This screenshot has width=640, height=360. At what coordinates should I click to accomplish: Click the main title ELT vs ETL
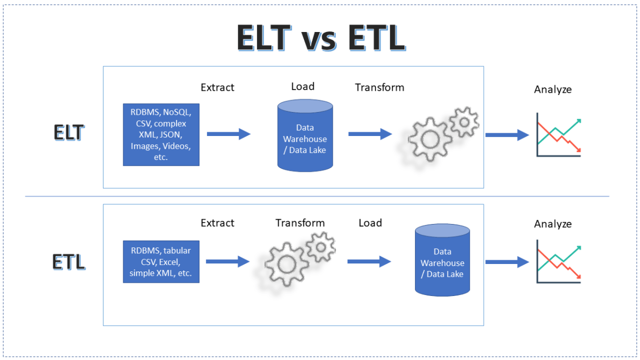[x=321, y=38]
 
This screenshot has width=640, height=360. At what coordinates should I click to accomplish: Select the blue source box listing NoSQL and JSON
[x=161, y=134]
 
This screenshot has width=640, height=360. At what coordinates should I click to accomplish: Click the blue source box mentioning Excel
[x=161, y=262]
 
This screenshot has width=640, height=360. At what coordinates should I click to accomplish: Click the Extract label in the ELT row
[x=217, y=87]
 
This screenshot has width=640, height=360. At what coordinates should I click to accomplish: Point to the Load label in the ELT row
[x=302, y=86]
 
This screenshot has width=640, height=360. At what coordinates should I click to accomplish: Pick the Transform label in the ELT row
[x=379, y=87]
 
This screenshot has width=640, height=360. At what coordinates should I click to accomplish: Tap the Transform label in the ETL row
[x=300, y=223]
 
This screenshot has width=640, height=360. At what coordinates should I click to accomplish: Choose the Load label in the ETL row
[x=370, y=223]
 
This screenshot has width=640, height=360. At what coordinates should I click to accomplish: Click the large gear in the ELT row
[x=428, y=140]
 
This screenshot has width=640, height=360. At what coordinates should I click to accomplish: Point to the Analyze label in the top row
[x=553, y=90]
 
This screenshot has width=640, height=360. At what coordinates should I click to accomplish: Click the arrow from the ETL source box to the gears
[x=228, y=261]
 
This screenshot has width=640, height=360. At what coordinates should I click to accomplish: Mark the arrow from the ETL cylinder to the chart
[x=506, y=261]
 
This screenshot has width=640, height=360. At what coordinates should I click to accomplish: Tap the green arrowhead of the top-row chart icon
[x=577, y=122]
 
